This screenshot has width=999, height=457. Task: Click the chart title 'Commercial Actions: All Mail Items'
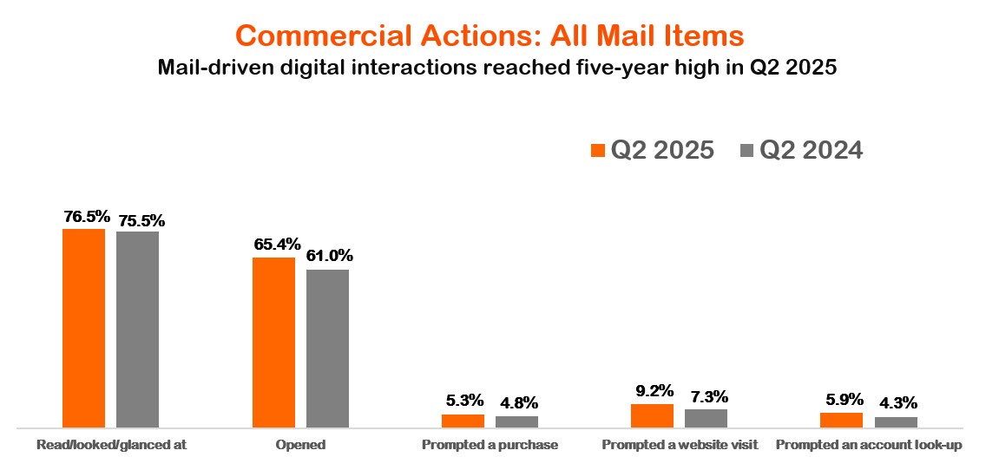click(490, 36)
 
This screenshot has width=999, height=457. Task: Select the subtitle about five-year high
click(496, 69)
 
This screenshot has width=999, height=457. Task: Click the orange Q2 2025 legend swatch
click(597, 151)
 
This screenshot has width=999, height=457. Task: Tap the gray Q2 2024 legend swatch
click(746, 151)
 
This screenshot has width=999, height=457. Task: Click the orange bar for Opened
click(273, 343)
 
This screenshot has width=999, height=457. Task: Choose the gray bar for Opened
click(327, 349)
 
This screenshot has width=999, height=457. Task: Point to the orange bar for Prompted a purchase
click(463, 421)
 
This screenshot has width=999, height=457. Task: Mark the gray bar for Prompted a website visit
click(706, 418)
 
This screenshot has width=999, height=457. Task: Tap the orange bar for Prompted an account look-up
click(841, 420)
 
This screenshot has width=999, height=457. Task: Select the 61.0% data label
click(329, 256)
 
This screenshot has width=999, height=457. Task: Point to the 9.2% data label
click(651, 390)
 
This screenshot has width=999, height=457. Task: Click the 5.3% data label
click(463, 401)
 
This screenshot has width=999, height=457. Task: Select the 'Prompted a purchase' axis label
click(490, 445)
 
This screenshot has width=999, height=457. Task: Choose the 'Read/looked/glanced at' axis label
click(111, 445)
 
